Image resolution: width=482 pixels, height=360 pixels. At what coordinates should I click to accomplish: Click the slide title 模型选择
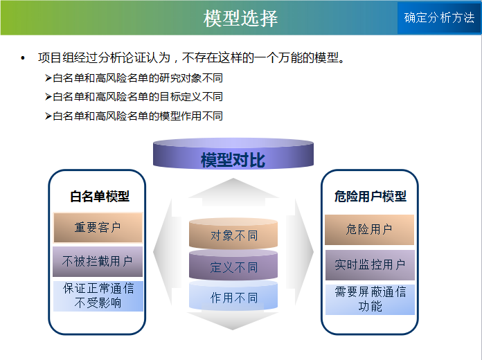pyautogui.click(x=240, y=18)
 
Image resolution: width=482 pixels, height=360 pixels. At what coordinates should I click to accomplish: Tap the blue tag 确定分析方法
pyautogui.click(x=439, y=18)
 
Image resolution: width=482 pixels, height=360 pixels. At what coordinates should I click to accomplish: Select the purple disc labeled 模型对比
pyautogui.click(x=233, y=154)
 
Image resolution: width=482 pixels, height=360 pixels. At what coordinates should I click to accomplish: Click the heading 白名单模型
pyautogui.click(x=100, y=196)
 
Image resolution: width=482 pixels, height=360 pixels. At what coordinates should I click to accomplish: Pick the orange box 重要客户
pyautogui.click(x=98, y=228)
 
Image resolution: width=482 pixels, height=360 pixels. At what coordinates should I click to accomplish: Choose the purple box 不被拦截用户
pyautogui.click(x=98, y=262)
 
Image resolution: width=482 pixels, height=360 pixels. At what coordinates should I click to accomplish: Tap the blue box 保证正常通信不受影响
pyautogui.click(x=98, y=296)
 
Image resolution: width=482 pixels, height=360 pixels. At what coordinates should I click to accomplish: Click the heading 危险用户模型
pyautogui.click(x=371, y=196)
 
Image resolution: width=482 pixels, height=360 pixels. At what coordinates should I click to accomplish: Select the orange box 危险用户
pyautogui.click(x=370, y=230)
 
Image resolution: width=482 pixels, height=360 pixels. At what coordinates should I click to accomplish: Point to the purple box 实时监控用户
pyautogui.click(x=370, y=264)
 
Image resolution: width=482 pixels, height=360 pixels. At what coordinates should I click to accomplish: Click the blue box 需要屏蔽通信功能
pyautogui.click(x=370, y=300)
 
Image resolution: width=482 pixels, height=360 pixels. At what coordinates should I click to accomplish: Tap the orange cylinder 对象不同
pyautogui.click(x=233, y=233)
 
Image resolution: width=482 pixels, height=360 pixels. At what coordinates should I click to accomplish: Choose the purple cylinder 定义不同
pyautogui.click(x=233, y=264)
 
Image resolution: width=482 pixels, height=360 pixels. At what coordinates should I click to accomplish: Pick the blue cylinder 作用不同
pyautogui.click(x=233, y=295)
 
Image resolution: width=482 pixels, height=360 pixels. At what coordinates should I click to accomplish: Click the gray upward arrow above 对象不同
pyautogui.click(x=233, y=192)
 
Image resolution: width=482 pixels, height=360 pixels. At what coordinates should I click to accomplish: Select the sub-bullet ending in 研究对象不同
pyautogui.click(x=134, y=78)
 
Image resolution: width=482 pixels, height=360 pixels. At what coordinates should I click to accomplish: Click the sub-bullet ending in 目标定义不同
pyautogui.click(x=134, y=97)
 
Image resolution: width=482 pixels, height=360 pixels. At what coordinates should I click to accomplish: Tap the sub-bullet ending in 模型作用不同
pyautogui.click(x=134, y=116)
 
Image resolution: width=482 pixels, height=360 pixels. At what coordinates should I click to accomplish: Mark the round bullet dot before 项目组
pyautogui.click(x=22, y=58)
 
